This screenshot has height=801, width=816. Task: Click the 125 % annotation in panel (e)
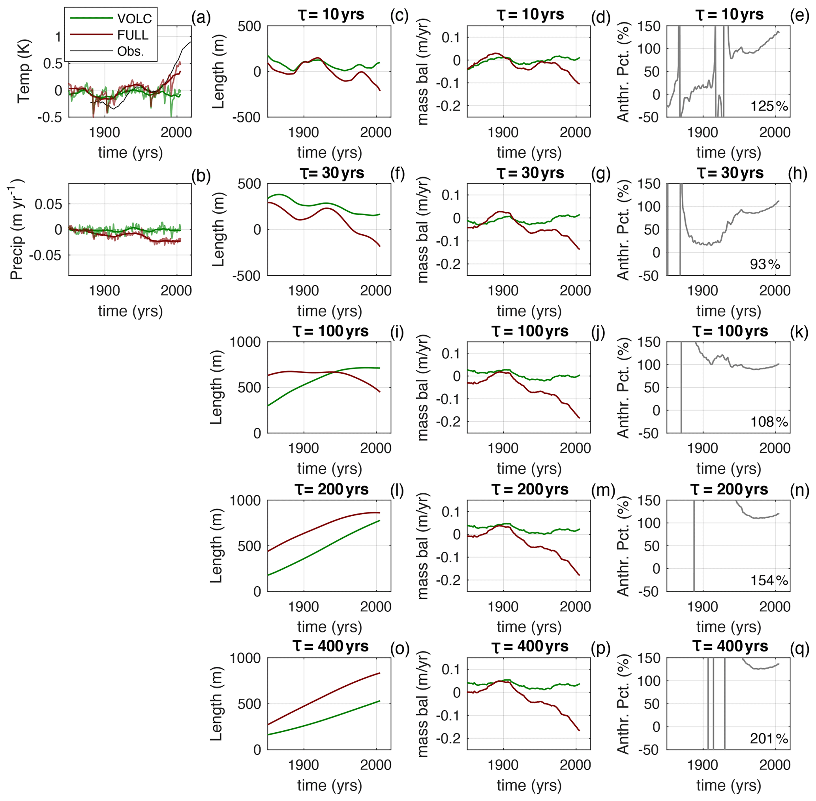[x=769, y=106]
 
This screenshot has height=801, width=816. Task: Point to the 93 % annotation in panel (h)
[x=765, y=264]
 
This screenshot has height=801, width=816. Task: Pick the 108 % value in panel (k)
[x=769, y=422]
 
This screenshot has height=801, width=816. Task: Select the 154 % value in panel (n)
[x=769, y=581]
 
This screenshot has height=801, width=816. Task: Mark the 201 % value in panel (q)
[x=769, y=739]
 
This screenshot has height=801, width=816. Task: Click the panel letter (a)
[x=201, y=18]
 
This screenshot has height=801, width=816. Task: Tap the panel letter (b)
[x=201, y=176]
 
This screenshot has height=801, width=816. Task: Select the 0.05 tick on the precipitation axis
[x=48, y=205]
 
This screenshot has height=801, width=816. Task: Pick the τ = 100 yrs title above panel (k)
[x=730, y=331]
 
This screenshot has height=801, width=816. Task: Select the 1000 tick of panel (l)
[x=246, y=501]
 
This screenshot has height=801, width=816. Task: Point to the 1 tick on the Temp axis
[x=58, y=37]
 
